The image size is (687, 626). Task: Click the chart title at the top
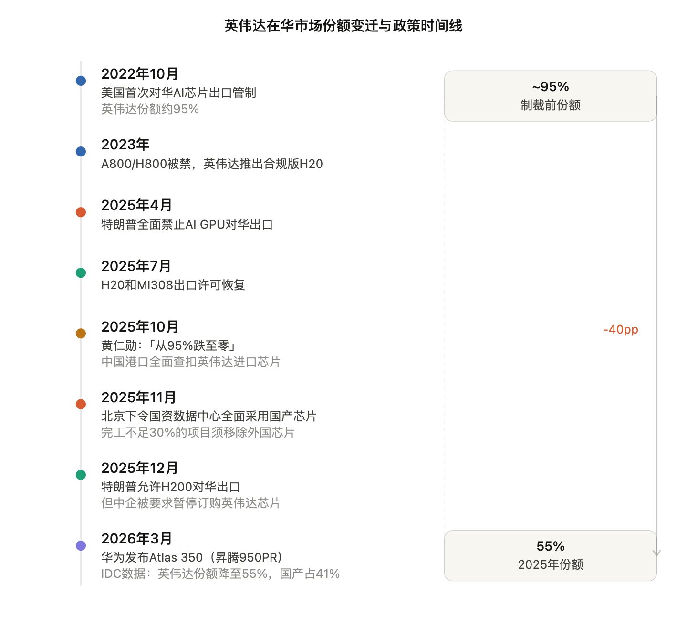click(x=343, y=26)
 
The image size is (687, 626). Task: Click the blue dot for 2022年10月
click(x=81, y=81)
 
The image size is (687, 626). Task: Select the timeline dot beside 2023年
click(x=81, y=151)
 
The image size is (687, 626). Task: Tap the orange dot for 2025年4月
click(x=81, y=212)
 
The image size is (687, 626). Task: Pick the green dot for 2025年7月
click(x=81, y=272)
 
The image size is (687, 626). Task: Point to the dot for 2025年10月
click(x=81, y=333)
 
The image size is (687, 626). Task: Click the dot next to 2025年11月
click(x=81, y=404)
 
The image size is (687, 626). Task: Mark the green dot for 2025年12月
click(x=81, y=474)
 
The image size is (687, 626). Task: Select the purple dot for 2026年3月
click(x=81, y=545)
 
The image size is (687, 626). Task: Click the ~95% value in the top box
click(x=550, y=87)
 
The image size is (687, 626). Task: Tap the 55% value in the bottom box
click(x=550, y=546)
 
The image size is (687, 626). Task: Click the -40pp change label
click(x=620, y=329)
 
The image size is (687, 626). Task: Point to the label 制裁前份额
click(x=550, y=105)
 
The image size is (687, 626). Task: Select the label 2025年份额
click(x=550, y=564)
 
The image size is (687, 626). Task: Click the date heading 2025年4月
click(x=136, y=205)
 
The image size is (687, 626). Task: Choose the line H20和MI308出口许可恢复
click(x=173, y=285)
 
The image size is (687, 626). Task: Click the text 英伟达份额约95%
click(x=150, y=109)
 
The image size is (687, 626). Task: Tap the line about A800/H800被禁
click(x=212, y=164)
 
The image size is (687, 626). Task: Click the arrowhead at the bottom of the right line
click(x=656, y=553)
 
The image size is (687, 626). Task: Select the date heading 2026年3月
click(x=136, y=539)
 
